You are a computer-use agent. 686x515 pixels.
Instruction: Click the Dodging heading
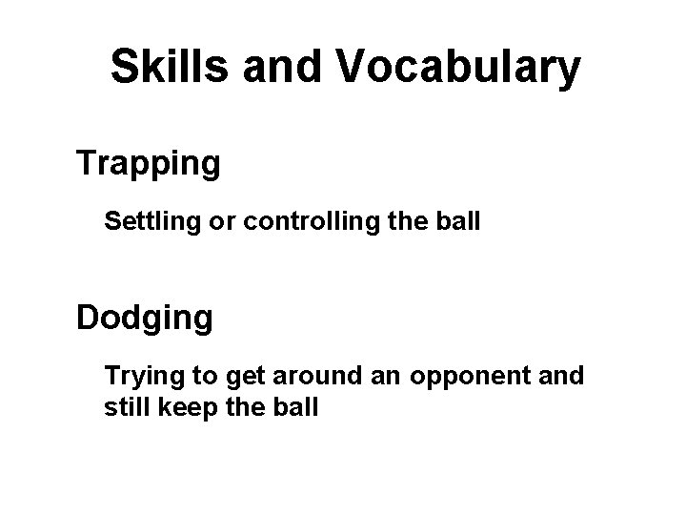coord(145,318)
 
